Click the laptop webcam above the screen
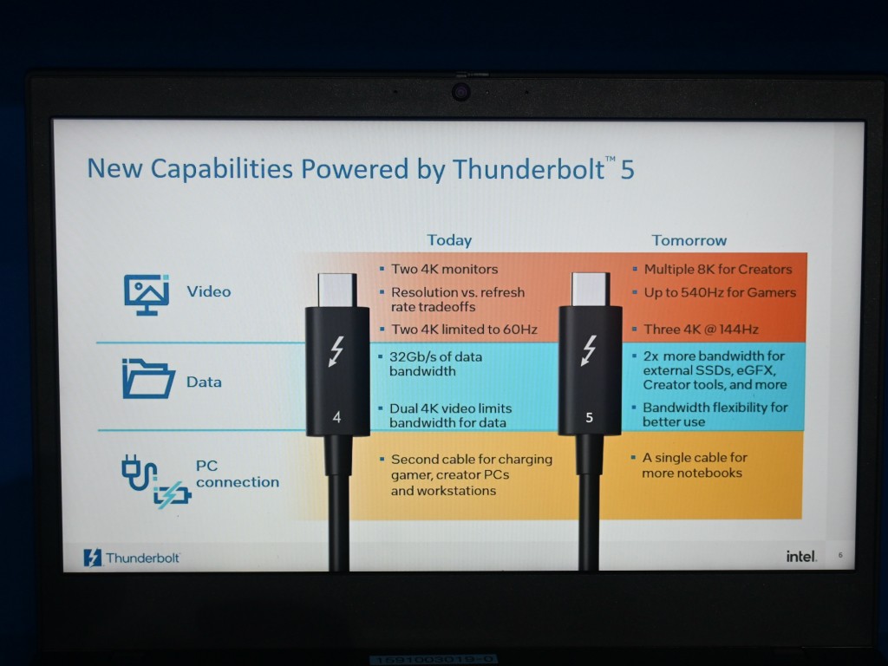[461, 91]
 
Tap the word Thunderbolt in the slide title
[528, 169]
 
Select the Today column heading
[449, 241]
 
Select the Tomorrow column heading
[689, 240]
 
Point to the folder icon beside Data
[147, 379]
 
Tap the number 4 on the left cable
[336, 417]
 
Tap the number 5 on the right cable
[589, 417]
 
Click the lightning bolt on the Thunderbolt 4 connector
[336, 352]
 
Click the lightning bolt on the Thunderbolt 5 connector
[589, 350]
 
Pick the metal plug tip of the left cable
[337, 290]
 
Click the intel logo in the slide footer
[801, 556]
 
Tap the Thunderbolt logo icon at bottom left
[92, 558]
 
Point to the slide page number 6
[840, 555]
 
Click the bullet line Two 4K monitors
[444, 269]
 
